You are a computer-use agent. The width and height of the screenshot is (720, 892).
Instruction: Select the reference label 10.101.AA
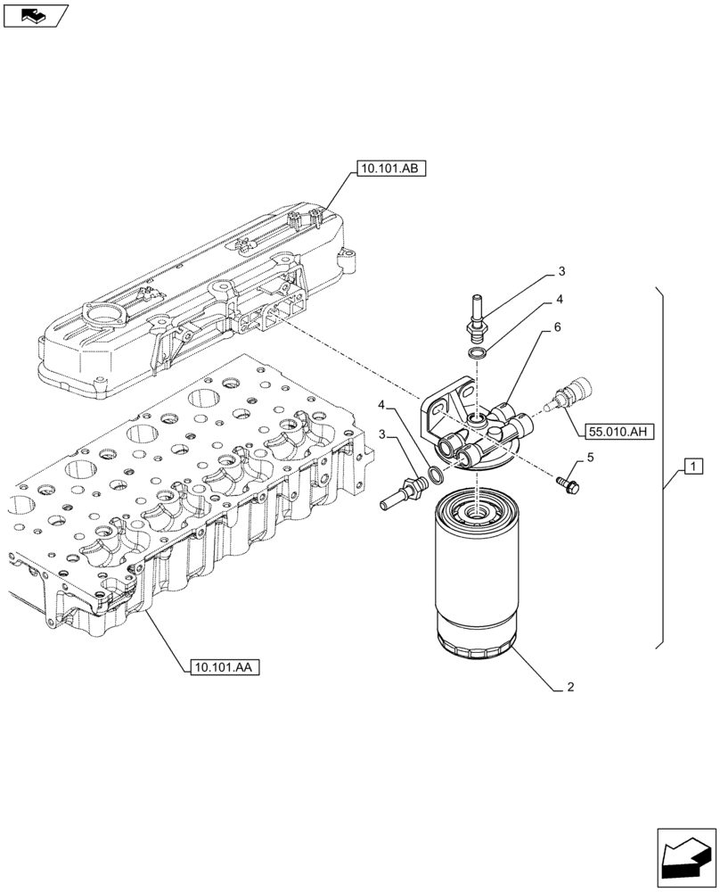(x=223, y=666)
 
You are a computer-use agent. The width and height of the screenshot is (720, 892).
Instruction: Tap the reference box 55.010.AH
(x=619, y=433)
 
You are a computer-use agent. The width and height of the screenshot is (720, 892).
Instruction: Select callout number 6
(x=557, y=328)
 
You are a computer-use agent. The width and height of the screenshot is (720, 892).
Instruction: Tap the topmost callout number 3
(x=562, y=271)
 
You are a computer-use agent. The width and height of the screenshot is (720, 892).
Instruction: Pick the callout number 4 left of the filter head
(x=383, y=406)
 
